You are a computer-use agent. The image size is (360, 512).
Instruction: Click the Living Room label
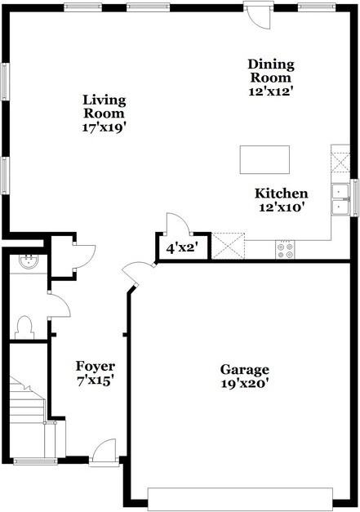click(104, 100)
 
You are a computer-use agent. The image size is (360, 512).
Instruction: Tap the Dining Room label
click(271, 65)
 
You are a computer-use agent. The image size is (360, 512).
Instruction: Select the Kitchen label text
click(282, 194)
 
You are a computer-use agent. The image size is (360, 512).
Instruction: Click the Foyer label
click(95, 365)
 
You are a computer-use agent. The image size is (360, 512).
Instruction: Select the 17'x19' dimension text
click(104, 127)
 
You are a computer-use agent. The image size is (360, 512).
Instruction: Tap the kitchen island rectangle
click(264, 159)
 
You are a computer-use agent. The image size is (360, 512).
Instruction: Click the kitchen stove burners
click(286, 249)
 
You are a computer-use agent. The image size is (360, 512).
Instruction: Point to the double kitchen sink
click(340, 198)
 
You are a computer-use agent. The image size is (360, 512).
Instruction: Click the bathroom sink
click(28, 262)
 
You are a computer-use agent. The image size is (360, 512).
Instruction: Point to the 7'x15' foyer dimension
click(95, 379)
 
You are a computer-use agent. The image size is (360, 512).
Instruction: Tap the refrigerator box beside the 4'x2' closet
click(229, 245)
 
